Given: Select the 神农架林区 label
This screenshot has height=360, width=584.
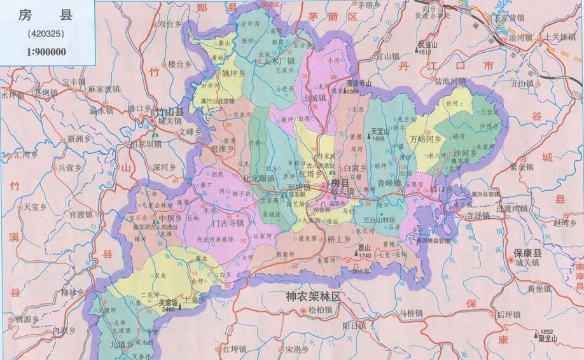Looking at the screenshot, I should pos(314,297).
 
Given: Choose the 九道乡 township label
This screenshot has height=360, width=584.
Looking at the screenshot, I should pos(120,344).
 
